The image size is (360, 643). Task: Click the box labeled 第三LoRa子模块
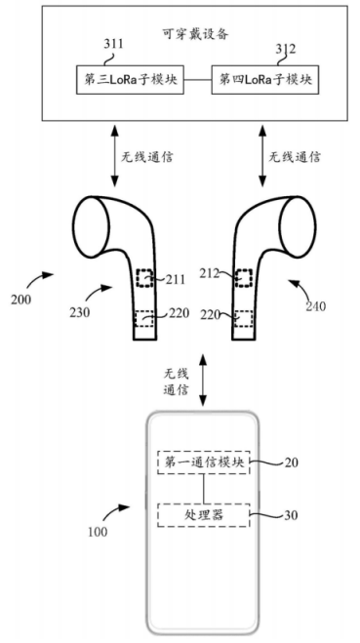click(130, 80)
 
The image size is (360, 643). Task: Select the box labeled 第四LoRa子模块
click(265, 80)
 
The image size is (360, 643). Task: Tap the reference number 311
click(112, 44)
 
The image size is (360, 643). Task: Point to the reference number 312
click(286, 49)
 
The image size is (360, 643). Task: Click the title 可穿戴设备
click(195, 34)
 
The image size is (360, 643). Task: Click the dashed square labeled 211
click(144, 278)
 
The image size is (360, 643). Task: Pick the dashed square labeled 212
click(244, 278)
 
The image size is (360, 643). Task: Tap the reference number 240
click(316, 306)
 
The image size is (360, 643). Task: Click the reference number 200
click(21, 300)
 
